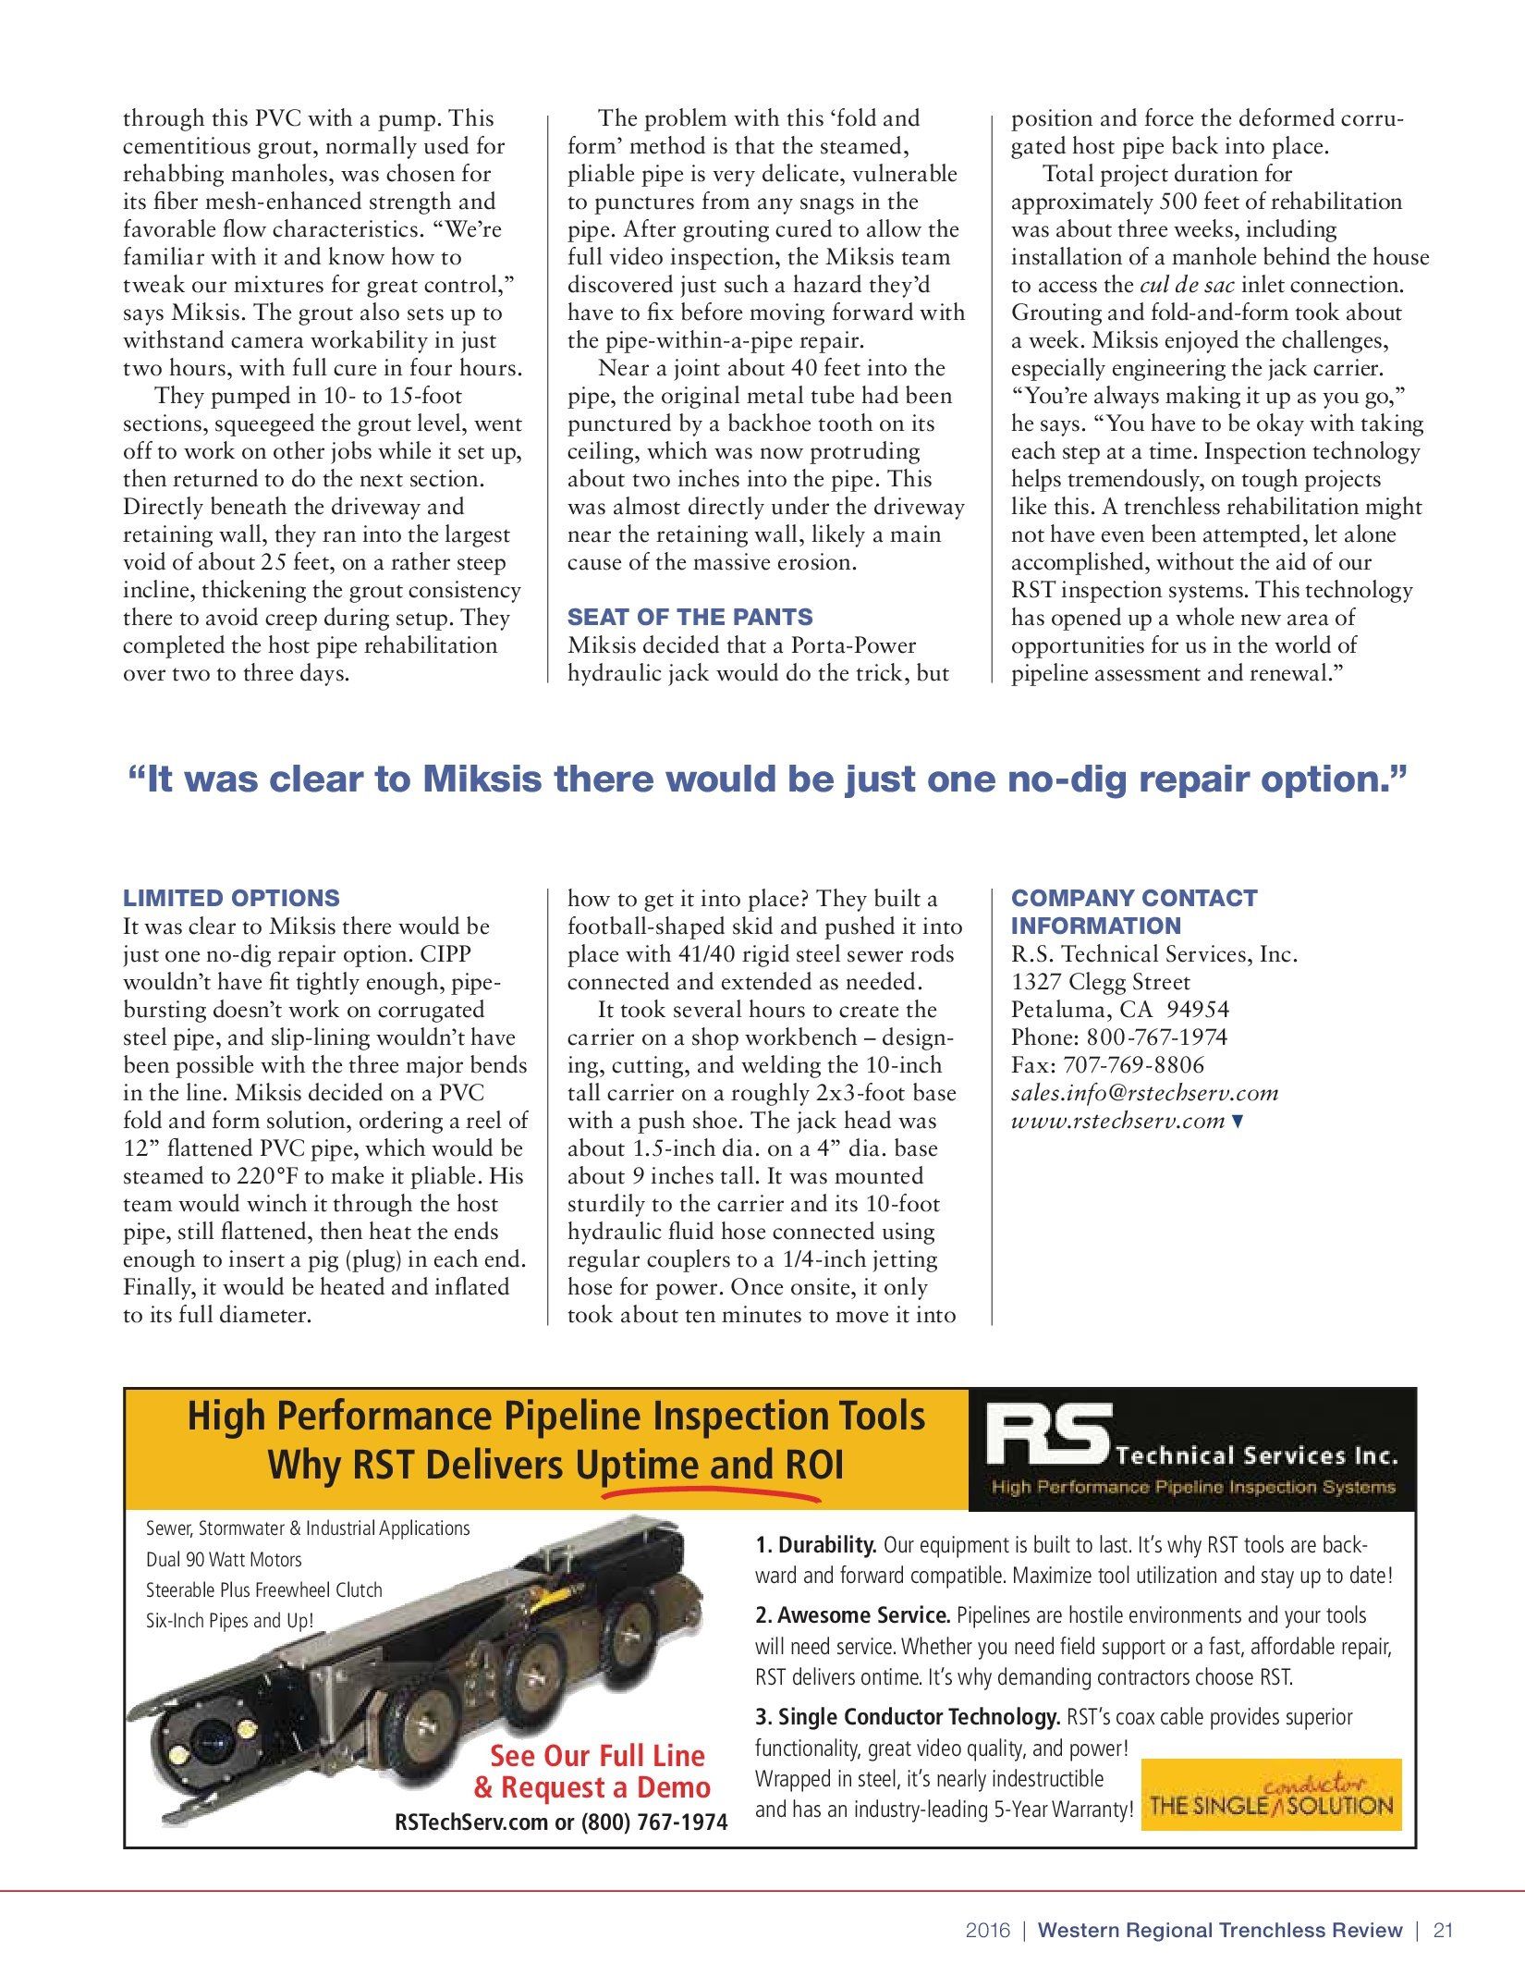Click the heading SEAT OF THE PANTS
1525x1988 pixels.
689,617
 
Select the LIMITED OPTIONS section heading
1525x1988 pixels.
231,898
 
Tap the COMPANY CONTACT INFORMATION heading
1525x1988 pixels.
1133,912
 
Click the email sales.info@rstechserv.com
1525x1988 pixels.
1144,1093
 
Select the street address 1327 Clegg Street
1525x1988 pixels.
1100,982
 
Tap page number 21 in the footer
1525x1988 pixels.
1444,1930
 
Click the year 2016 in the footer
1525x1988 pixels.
988,1930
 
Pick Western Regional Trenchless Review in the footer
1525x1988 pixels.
1220,1930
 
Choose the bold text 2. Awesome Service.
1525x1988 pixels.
852,1615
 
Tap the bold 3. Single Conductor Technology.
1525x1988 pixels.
908,1717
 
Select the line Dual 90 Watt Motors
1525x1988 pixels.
224,1559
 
